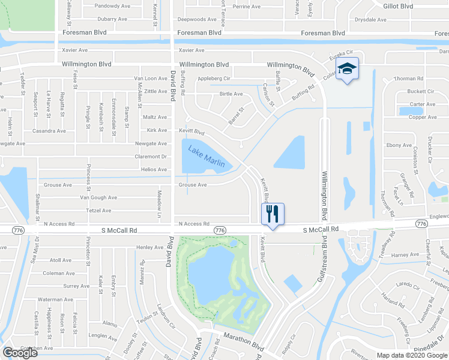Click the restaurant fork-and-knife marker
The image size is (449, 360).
[x=273, y=214]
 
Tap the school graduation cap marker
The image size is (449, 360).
[x=347, y=70]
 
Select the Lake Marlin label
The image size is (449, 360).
[x=206, y=157]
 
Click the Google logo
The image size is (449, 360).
[x=20, y=353]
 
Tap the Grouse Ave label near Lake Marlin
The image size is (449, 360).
[x=192, y=185]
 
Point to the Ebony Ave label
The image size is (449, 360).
[x=399, y=145]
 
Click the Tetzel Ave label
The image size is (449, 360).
[x=98, y=211]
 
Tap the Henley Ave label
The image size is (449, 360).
[x=149, y=247]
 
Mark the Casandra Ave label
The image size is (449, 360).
[x=49, y=131]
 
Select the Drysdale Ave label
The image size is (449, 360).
[x=370, y=20]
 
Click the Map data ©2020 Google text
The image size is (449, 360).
[x=411, y=355]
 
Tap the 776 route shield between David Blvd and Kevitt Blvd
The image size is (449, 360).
[x=220, y=230]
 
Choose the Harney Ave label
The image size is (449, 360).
[x=405, y=255]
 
